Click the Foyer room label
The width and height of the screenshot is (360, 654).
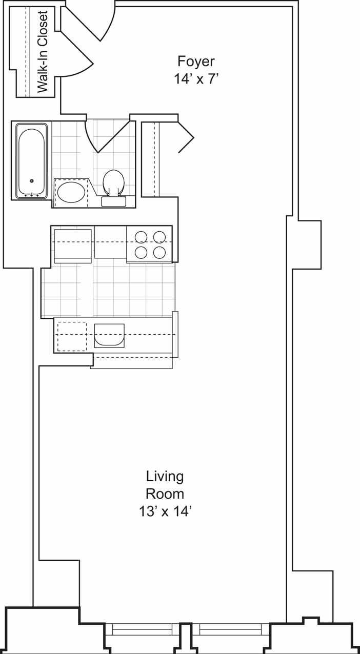(x=196, y=62)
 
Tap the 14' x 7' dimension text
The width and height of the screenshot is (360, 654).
(x=196, y=79)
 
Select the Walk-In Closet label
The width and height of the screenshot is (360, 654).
(x=43, y=51)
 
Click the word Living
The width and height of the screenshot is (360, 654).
(x=165, y=476)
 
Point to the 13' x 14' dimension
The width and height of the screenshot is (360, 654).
(x=165, y=511)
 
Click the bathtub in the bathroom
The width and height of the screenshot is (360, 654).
(x=31, y=161)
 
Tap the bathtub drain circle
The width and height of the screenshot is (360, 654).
(x=32, y=181)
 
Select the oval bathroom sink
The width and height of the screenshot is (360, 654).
(x=71, y=192)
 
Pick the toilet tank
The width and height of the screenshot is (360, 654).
(x=113, y=201)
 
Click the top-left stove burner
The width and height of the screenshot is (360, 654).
(x=141, y=237)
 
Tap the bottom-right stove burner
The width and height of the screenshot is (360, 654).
(x=159, y=252)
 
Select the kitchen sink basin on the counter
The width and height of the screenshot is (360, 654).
(x=109, y=335)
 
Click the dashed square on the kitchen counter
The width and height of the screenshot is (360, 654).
(x=72, y=336)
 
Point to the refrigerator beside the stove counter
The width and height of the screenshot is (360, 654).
(x=72, y=245)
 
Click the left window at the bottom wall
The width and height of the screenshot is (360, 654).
(x=142, y=629)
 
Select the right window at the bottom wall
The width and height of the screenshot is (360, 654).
(x=230, y=629)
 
